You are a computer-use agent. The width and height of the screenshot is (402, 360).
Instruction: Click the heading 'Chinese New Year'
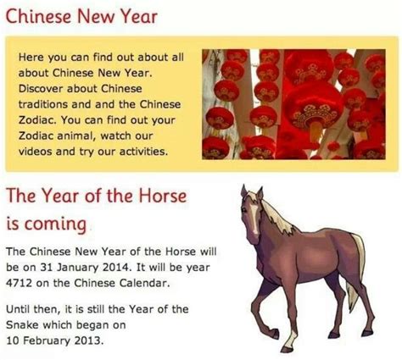pos(81,16)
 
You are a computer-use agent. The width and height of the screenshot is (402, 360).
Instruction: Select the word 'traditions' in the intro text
pos(42,104)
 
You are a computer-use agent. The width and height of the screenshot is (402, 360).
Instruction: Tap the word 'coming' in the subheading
pos(55,224)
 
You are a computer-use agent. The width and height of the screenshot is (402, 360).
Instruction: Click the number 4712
pos(19,283)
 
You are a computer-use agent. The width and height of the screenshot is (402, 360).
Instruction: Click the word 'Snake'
pos(22,324)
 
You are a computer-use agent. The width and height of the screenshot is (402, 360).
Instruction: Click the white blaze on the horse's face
pos(254,218)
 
